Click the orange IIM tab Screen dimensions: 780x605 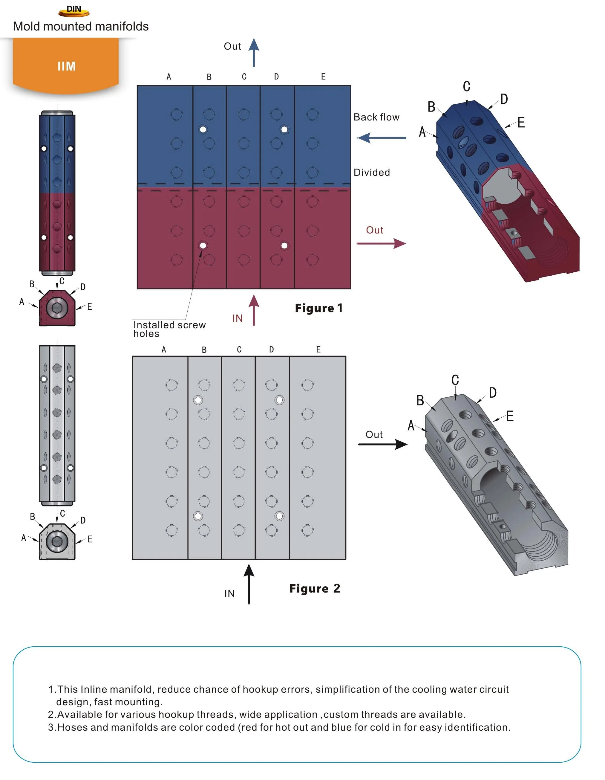66,66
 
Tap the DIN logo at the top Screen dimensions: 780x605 74,11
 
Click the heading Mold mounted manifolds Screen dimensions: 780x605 81,26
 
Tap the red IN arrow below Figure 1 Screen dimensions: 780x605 254,310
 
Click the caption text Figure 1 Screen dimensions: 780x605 318,308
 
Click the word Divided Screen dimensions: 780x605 372,173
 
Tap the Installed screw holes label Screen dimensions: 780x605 169,329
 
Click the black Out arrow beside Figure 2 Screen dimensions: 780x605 383,444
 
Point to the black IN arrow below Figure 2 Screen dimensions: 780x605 249,584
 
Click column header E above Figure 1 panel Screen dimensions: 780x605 323,77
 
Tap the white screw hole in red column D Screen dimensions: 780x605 284,245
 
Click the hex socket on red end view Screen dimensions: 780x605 57,308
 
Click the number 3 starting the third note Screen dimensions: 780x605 51,727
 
